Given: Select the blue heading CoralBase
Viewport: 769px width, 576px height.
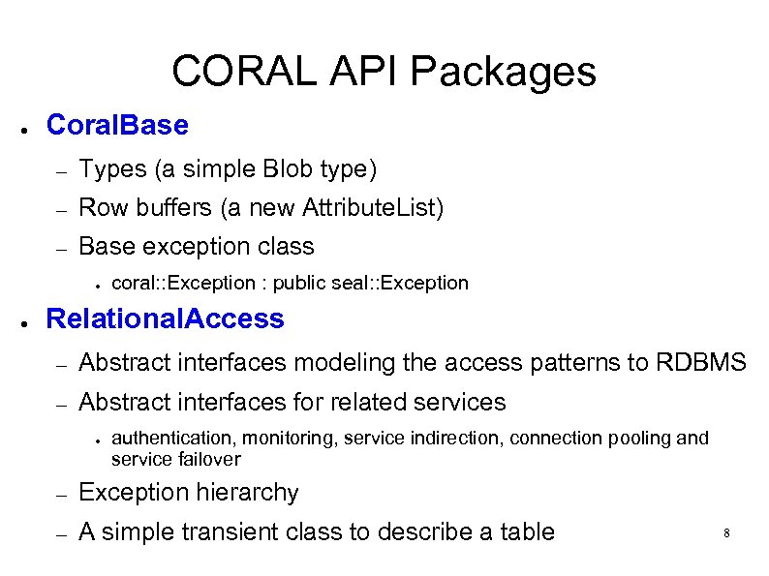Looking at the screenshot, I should [117, 126].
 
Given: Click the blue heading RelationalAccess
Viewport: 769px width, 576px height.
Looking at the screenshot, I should [166, 318].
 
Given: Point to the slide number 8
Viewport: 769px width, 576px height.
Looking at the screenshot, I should [725, 533].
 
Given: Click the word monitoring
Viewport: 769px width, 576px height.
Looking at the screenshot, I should [292, 439].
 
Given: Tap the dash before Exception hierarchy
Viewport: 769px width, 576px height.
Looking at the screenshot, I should [60, 495].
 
